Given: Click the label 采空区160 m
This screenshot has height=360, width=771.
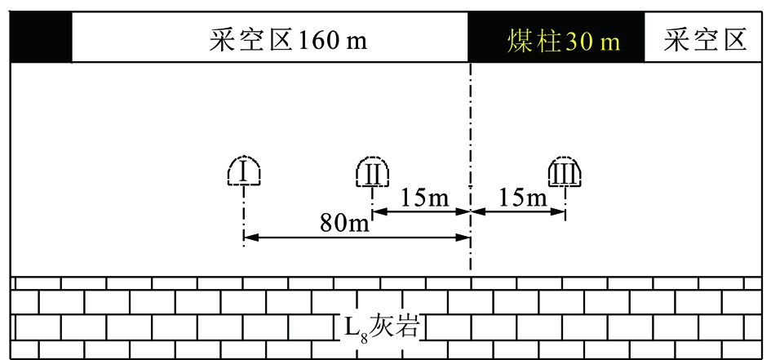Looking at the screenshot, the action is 288,40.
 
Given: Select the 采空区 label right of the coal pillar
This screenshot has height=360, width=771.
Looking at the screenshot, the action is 705,40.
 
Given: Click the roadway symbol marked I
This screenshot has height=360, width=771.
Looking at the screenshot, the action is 244,171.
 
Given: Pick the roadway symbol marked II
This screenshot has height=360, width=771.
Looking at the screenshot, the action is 373,171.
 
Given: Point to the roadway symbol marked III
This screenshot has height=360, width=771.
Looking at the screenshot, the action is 565,171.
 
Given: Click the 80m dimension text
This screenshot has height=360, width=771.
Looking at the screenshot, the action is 344,224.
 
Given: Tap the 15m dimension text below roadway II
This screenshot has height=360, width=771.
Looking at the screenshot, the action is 424,198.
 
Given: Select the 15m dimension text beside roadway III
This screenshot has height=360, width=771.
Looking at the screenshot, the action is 523,198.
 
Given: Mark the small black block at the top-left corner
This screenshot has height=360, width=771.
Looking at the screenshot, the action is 42,38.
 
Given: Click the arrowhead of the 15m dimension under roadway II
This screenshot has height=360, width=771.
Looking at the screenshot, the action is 380,211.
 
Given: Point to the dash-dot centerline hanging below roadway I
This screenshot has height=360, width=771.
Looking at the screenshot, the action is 244,216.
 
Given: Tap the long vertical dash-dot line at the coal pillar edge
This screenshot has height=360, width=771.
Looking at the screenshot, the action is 471,167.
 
